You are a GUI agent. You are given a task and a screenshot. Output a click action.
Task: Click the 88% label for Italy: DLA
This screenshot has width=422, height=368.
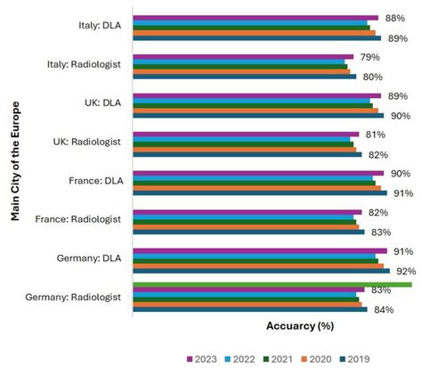pos(394,18)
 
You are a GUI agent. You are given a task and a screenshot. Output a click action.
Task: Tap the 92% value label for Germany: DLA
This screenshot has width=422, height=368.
pos(405,271)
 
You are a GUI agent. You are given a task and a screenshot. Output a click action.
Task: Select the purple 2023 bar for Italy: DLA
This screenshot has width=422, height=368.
pos(255,18)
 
